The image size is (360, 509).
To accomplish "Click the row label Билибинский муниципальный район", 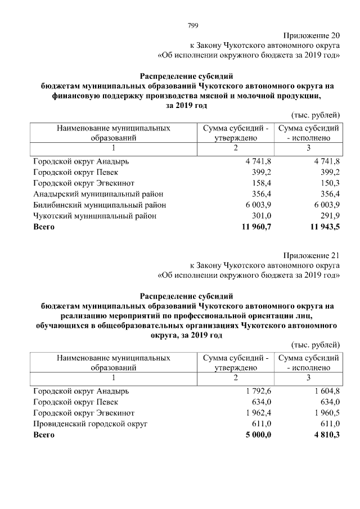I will pyautogui.click(x=100, y=205).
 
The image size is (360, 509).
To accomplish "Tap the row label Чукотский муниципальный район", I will pyautogui.click(x=94, y=215).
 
